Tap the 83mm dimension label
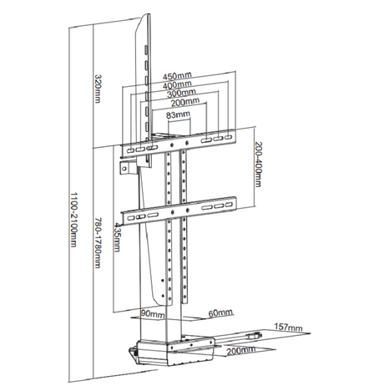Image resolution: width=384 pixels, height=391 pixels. (x=177, y=116)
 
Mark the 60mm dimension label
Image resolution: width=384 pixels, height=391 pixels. (x=219, y=312)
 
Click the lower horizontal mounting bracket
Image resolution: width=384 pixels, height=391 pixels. (x=185, y=205)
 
